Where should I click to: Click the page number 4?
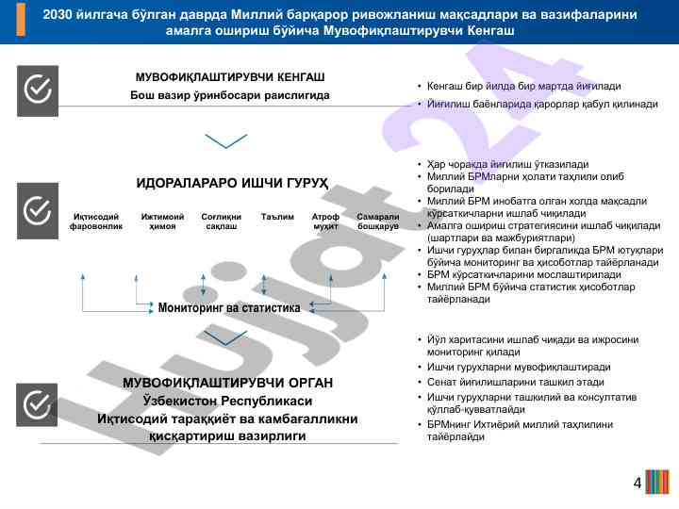(638, 484)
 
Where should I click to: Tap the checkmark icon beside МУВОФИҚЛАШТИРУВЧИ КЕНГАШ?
(38, 90)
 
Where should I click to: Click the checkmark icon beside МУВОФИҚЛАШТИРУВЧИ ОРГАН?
(38, 404)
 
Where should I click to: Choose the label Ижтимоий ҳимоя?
(162, 222)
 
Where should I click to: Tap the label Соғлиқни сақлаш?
(222, 222)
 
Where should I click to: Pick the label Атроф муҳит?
(325, 222)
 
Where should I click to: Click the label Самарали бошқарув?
(378, 222)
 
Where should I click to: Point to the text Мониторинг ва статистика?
(229, 307)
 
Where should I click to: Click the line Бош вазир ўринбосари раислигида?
(230, 96)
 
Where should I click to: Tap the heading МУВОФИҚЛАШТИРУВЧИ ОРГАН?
(228, 383)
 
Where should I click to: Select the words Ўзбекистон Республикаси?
(227, 401)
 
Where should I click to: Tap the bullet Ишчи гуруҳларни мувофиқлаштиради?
(519, 367)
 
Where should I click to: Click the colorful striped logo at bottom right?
(657, 484)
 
